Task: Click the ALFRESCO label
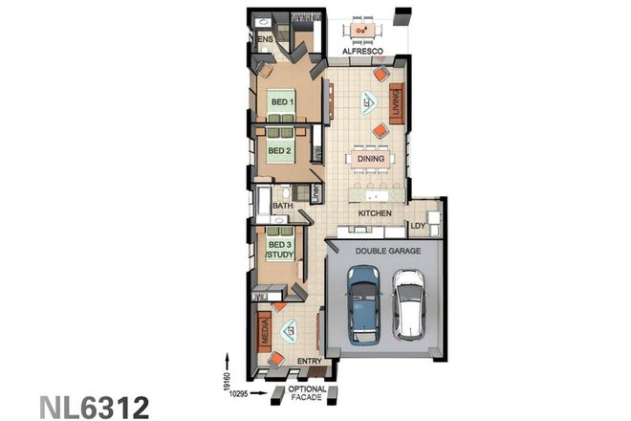pyautogui.click(x=363, y=51)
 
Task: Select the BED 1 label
pyautogui.click(x=280, y=101)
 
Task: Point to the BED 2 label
pyautogui.click(x=278, y=150)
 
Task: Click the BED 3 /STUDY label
pyautogui.click(x=278, y=251)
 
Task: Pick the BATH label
pyautogui.click(x=282, y=206)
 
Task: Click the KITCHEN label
pyautogui.click(x=376, y=214)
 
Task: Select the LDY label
pyautogui.click(x=418, y=226)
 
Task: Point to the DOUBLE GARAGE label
pyautogui.click(x=382, y=251)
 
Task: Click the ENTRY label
pyautogui.click(x=310, y=361)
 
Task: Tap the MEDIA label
pyautogui.click(x=264, y=331)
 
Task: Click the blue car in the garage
pyautogui.click(x=364, y=304)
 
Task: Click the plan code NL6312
pyautogui.click(x=94, y=406)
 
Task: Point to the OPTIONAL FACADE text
pyautogui.click(x=308, y=393)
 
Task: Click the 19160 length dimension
pyautogui.click(x=226, y=366)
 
